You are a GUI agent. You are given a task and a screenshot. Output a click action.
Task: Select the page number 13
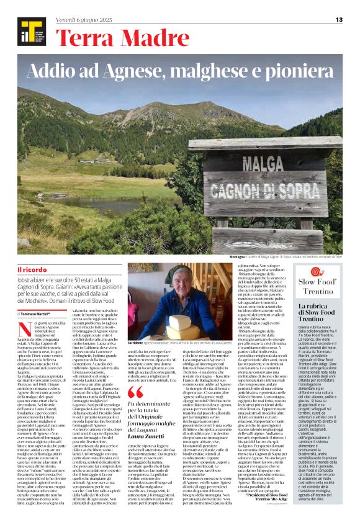tap(338, 20)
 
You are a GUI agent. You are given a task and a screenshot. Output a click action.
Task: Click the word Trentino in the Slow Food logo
tap(317, 290)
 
